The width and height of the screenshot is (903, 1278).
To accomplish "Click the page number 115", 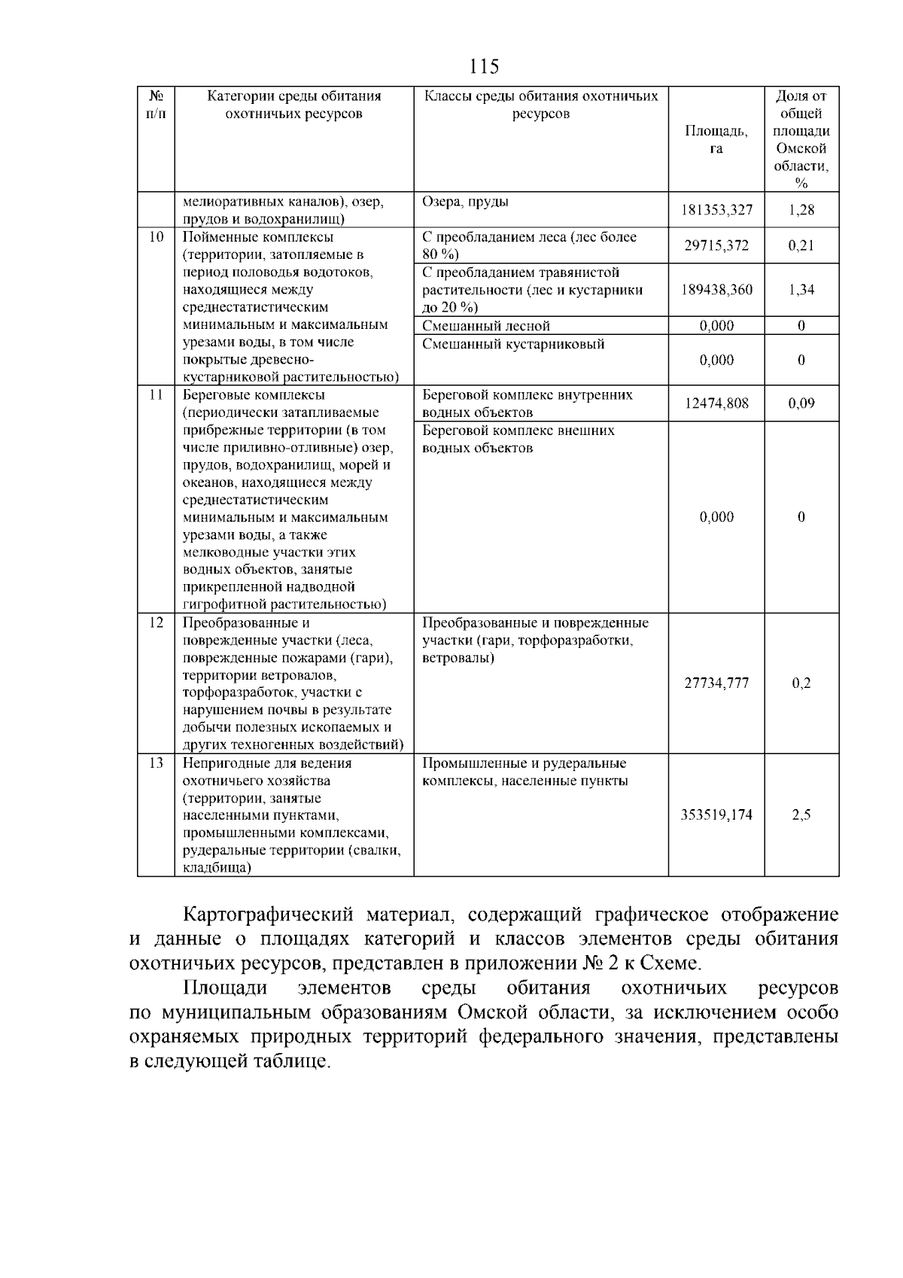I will (483, 67).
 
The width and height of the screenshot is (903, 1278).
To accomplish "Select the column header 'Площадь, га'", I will (716, 140).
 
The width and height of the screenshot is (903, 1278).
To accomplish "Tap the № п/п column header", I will (156, 105).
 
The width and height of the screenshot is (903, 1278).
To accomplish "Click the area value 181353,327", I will (716, 210).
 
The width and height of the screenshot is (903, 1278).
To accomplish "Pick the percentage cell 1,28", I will (801, 210).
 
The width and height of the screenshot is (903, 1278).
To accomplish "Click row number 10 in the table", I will (156, 237).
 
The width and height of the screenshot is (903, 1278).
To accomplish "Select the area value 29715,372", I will (716, 245).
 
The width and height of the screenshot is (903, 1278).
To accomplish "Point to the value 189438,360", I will (716, 290).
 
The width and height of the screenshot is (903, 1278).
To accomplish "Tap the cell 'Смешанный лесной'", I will (486, 326).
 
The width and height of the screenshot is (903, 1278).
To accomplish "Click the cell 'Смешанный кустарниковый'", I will (513, 344).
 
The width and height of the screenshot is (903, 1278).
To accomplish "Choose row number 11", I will (156, 395).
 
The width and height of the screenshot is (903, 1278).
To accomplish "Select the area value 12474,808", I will (716, 403).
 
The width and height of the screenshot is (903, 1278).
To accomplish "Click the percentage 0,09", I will (801, 403).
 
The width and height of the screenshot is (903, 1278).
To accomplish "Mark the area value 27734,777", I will (716, 683).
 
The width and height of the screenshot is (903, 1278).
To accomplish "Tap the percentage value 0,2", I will (801, 683).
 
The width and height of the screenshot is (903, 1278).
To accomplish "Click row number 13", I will (156, 763).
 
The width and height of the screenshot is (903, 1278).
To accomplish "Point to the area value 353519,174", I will (716, 815).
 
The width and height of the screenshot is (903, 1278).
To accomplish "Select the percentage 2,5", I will (801, 815).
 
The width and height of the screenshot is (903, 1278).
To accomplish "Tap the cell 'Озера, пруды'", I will (465, 202).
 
